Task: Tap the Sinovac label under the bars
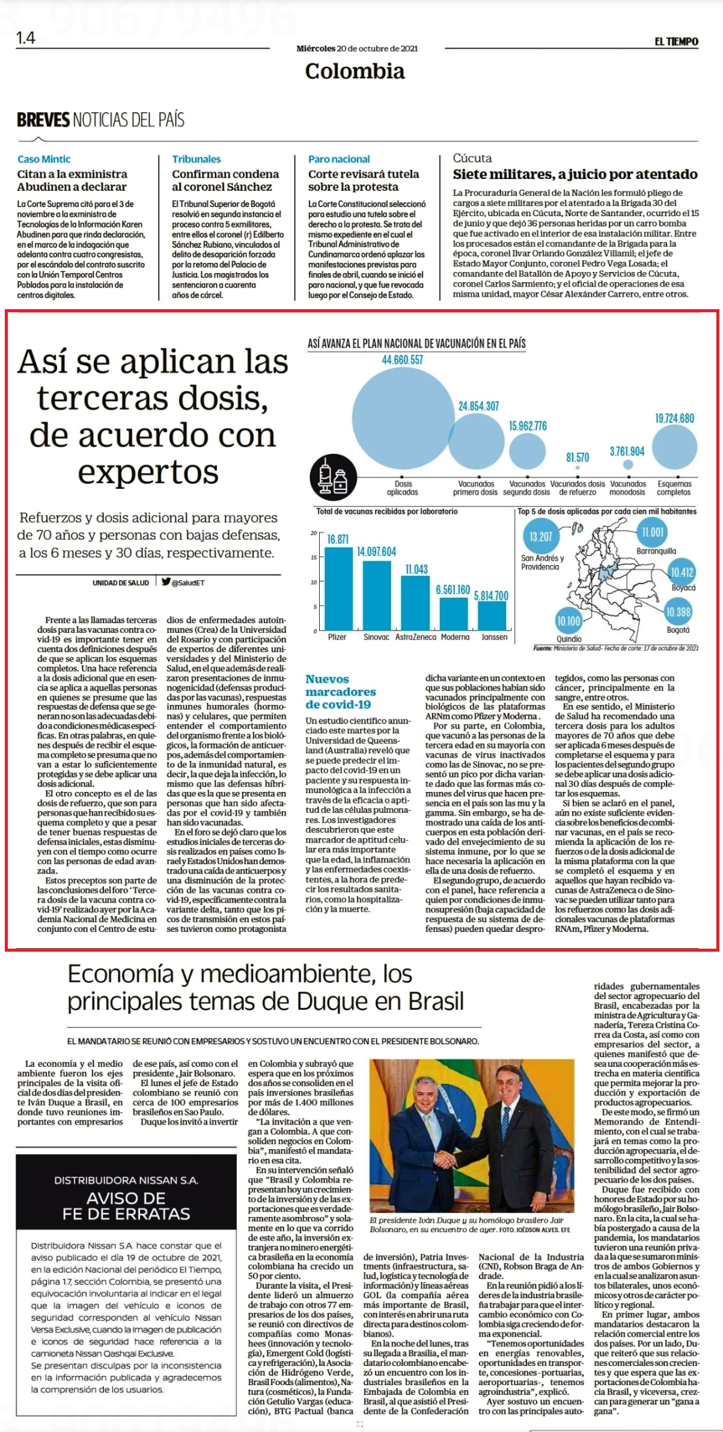tap(376, 637)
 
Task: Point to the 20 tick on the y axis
tap(313, 533)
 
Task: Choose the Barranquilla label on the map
tap(656, 551)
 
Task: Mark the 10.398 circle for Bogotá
tap(679, 612)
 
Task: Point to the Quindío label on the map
tap(569, 639)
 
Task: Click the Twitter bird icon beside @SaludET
tap(166, 582)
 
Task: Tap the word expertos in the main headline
tap(148, 473)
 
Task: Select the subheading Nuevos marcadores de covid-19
tap(340, 692)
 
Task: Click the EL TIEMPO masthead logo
tap(677, 41)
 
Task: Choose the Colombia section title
tap(355, 71)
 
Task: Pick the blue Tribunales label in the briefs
tap(197, 159)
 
